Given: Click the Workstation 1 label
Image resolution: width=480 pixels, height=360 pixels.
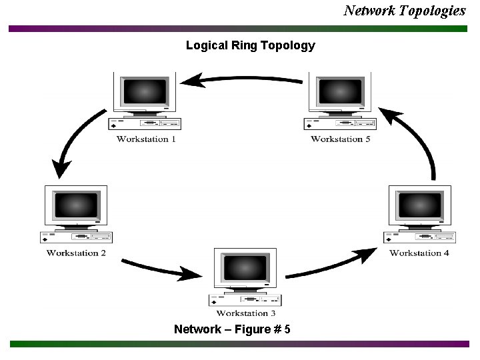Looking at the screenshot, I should [147, 139].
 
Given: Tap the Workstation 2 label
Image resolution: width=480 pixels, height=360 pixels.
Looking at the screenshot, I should [76, 253].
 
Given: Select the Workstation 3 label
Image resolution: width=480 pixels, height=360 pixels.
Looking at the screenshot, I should [246, 313].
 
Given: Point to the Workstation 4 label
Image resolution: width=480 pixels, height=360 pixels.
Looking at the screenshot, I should [419, 253].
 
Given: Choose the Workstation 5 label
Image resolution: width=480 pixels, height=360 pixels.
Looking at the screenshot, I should [341, 139].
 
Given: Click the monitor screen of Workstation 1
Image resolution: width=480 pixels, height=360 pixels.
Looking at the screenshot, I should [145, 91].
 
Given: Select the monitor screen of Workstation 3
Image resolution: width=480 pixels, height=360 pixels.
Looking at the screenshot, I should [245, 267].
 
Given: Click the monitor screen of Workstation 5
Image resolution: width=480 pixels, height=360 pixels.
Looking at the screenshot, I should [341, 91].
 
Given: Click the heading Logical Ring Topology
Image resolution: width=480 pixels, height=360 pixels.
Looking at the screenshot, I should [250, 45].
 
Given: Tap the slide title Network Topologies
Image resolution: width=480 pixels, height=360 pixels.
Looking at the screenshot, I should [405, 11].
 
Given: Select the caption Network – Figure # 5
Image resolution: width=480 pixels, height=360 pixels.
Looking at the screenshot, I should [231, 329].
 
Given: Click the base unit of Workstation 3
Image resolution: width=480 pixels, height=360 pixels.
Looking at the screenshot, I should [245, 300].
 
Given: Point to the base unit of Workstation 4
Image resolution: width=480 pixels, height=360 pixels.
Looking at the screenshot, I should [419, 237].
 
